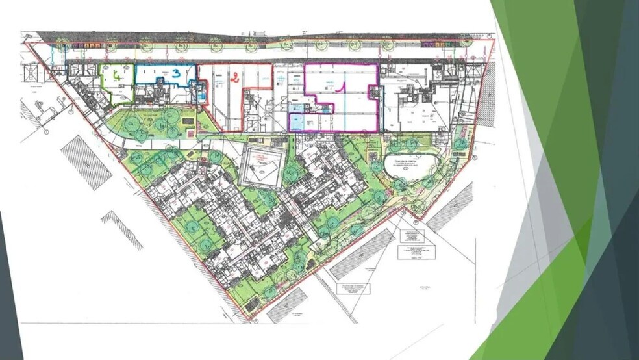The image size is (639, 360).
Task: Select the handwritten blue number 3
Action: pos(176,74)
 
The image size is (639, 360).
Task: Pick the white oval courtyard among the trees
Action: pos(408,167)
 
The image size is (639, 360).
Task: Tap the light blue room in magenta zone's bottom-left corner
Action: pos(297,122)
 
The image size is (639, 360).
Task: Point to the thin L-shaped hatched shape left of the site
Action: pos(123,229)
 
